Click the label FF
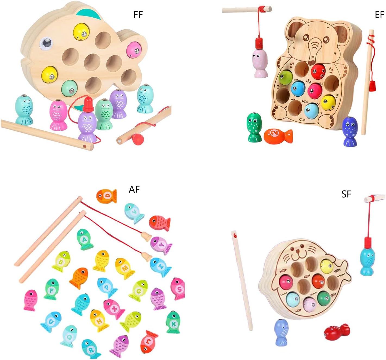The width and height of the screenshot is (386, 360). (x=138, y=15)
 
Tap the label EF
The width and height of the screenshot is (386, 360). (x=379, y=15)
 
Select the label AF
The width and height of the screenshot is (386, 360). (x=134, y=189)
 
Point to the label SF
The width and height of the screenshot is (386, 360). (x=346, y=194)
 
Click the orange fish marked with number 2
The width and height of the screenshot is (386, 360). (x=278, y=136)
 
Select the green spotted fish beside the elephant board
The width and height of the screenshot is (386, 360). (x=254, y=127)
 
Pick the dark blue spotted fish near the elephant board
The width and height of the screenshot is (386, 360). (x=350, y=132)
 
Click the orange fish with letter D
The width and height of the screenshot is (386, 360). (x=106, y=196)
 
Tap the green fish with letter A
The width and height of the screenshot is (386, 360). (x=84, y=240)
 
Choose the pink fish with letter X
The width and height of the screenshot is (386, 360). (x=114, y=309)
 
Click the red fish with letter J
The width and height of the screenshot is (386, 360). (x=149, y=342)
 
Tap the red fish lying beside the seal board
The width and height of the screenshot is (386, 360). (x=337, y=332)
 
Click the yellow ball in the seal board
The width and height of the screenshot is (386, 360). (x=327, y=265)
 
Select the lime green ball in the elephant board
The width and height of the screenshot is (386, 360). (x=285, y=77)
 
